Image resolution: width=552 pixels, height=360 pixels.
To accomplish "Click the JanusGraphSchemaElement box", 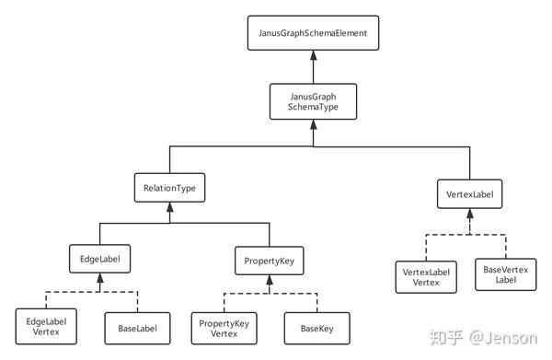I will [315, 34].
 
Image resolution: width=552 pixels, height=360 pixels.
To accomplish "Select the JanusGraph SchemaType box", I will [315, 102].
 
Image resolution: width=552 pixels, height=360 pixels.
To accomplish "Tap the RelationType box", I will [168, 189].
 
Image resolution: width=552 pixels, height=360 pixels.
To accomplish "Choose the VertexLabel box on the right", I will [470, 194].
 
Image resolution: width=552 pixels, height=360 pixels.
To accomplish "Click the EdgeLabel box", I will [98, 258].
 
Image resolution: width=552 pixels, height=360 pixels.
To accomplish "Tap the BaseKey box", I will [306, 327].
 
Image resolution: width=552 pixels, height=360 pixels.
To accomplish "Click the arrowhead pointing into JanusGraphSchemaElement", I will [315, 54].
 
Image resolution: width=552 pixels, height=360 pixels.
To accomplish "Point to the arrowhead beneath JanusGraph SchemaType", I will [315, 125].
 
